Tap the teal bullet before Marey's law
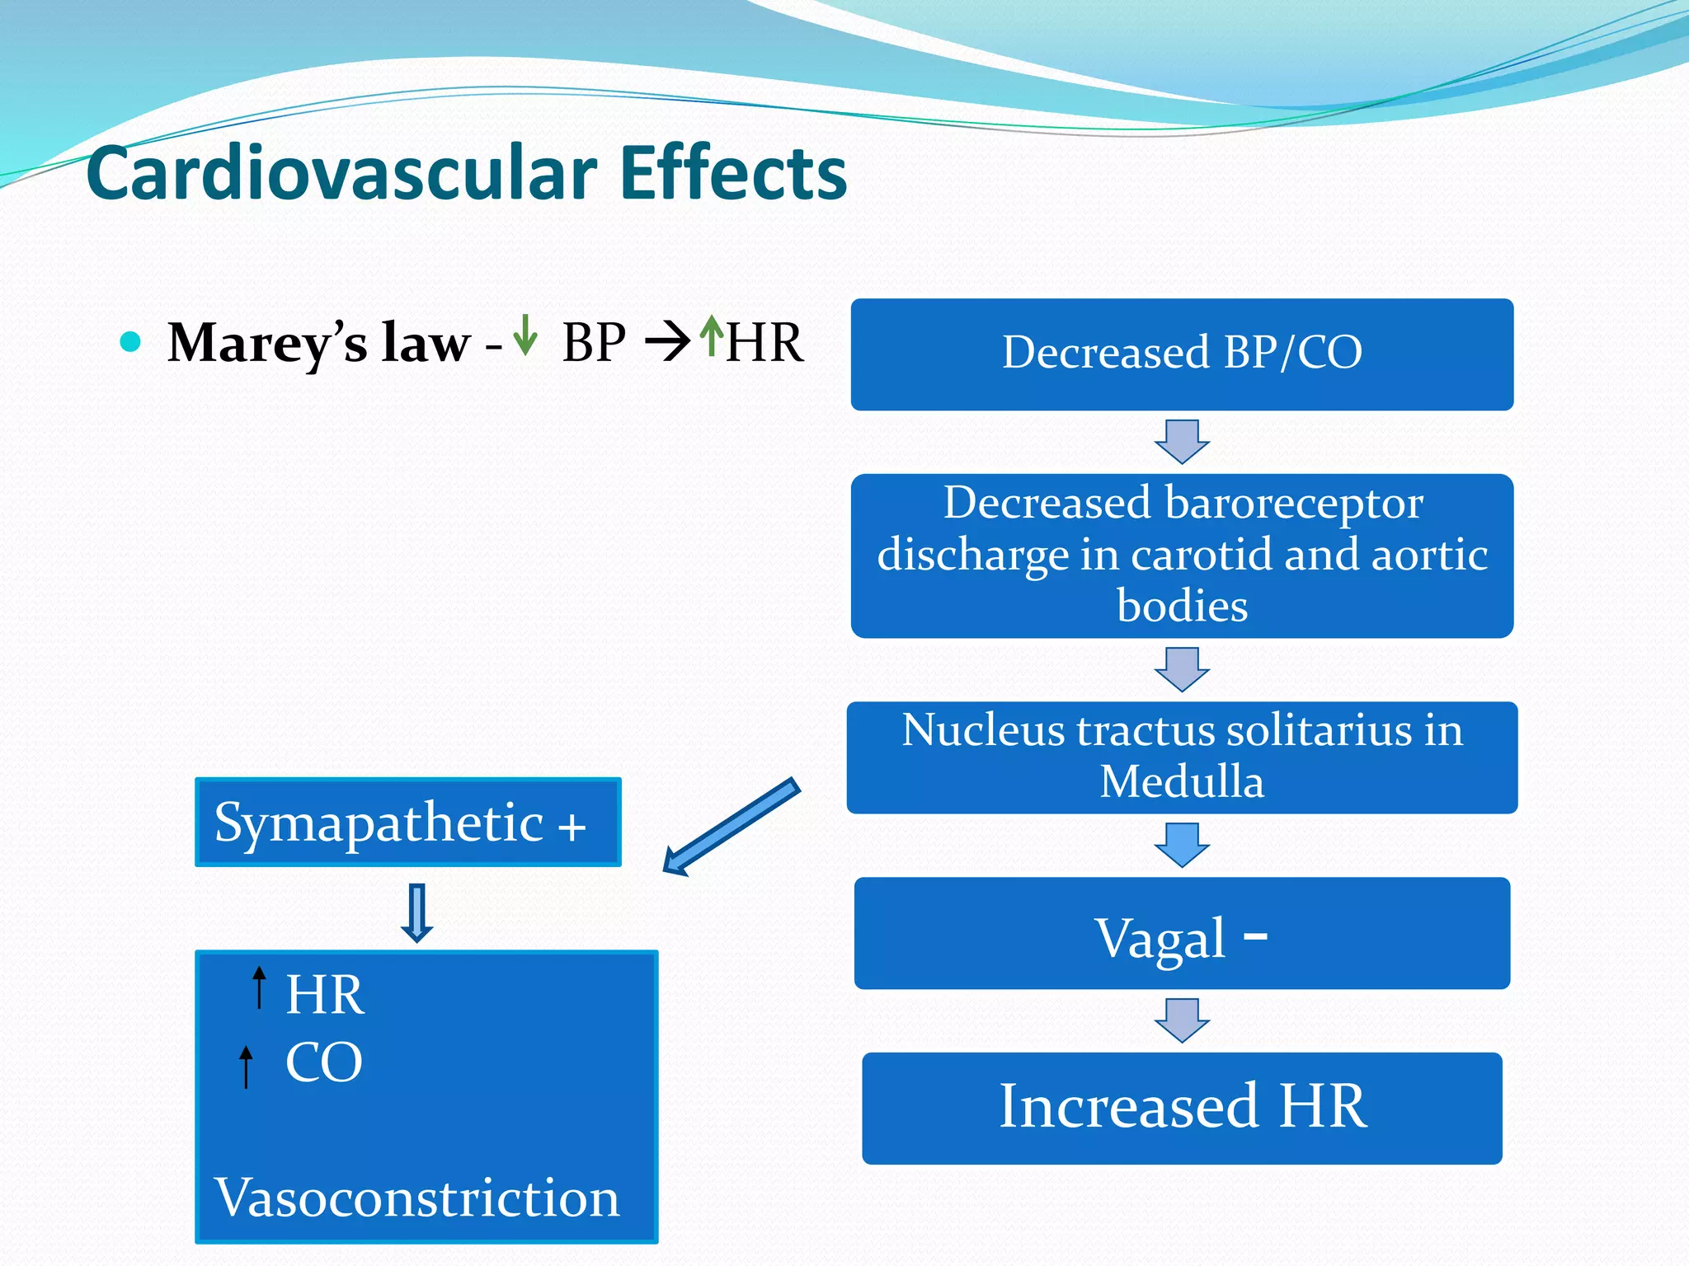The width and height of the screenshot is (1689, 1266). pyautogui.click(x=130, y=341)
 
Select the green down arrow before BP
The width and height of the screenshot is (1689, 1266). pyautogui.click(x=525, y=335)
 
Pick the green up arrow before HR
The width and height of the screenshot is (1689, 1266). pyautogui.click(x=711, y=335)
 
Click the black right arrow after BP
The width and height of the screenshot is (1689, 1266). pyautogui.click(x=667, y=342)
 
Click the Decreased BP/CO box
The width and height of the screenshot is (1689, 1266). pyautogui.click(x=1182, y=354)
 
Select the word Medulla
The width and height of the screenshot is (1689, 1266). pyautogui.click(x=1182, y=781)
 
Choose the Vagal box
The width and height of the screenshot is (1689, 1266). pyautogui.click(x=1182, y=933)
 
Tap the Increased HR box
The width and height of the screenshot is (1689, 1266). pyautogui.click(x=1182, y=1108)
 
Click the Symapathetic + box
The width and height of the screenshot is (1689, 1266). pyautogui.click(x=407, y=823)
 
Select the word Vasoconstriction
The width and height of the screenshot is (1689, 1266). pyautogui.click(x=417, y=1198)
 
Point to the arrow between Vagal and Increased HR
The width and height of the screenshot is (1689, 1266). pyautogui.click(x=1182, y=1020)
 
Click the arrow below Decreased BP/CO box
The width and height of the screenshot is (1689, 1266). pyautogui.click(x=1182, y=442)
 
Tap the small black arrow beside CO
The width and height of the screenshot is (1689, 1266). pyautogui.click(x=246, y=1067)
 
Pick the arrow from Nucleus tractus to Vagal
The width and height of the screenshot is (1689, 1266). pyautogui.click(x=1182, y=845)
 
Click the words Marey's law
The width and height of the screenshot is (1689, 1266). pyautogui.click(x=318, y=343)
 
